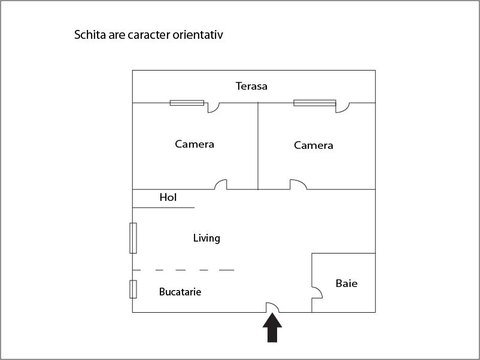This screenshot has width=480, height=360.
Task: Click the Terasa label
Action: [251, 86]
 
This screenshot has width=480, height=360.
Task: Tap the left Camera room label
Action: [195, 144]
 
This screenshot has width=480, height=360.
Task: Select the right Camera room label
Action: [314, 145]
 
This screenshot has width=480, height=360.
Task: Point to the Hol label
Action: [168, 197]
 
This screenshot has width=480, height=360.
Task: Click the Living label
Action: [206, 238]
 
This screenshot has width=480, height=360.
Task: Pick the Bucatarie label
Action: [180, 292]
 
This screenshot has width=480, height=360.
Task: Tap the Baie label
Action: [347, 283]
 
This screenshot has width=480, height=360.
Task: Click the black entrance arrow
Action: [272, 328]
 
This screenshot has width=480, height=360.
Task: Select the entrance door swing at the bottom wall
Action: [273, 307]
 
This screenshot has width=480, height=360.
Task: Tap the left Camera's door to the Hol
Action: [221, 184]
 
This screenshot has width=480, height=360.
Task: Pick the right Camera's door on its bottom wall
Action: [298, 184]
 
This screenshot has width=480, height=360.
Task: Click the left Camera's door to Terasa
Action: [213, 108]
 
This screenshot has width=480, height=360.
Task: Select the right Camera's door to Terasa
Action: [342, 108]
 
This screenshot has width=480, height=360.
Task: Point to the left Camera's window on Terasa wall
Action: [187, 103]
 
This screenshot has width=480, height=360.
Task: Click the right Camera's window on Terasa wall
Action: [315, 103]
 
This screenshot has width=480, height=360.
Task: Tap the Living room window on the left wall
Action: [133, 238]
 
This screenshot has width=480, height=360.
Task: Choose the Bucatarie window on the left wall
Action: [133, 289]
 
